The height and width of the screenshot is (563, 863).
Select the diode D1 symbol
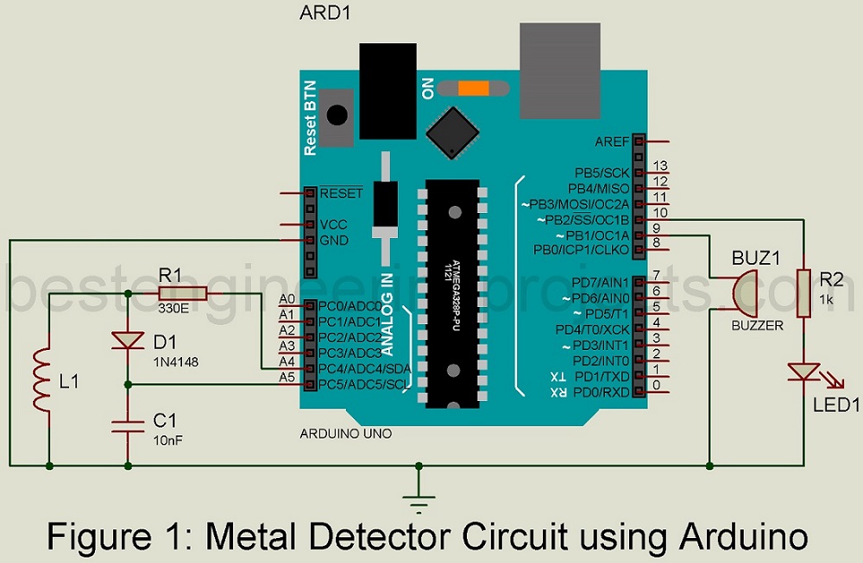128,341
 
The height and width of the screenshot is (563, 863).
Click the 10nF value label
169,440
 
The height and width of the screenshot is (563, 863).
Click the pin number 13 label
661,166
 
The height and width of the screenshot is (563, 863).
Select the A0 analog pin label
287,299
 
